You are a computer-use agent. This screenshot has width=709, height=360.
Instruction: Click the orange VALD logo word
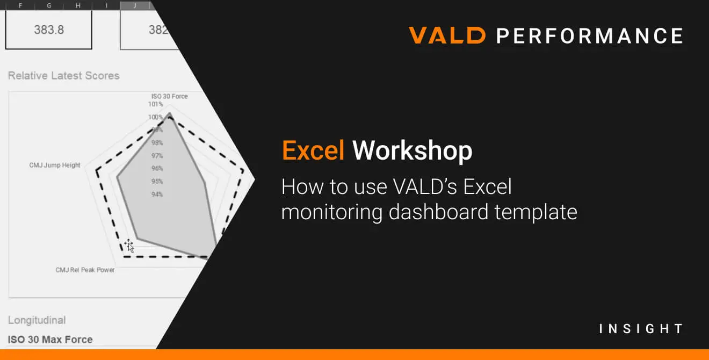(x=447, y=35)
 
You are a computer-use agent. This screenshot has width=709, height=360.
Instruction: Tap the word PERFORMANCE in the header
(x=590, y=35)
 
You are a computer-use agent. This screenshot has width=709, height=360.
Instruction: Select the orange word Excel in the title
(x=313, y=150)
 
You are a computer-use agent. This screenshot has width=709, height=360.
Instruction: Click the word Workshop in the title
(x=412, y=151)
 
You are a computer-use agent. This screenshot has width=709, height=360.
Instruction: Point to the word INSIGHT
(x=641, y=329)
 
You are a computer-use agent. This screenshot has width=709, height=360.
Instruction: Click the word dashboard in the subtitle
(x=438, y=212)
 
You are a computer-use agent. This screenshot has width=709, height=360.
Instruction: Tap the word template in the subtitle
(x=536, y=212)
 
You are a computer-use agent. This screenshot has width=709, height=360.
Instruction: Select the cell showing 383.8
(x=49, y=30)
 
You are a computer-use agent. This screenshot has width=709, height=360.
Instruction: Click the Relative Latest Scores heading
(x=63, y=76)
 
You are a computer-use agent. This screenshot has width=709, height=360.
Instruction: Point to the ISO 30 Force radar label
(x=169, y=96)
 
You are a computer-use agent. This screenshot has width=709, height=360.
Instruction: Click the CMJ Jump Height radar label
(x=55, y=165)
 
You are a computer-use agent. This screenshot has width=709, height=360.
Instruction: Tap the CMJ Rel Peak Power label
(x=85, y=270)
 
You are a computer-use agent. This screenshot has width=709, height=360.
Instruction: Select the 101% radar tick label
(x=155, y=104)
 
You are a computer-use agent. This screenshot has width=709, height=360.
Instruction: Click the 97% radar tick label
(x=157, y=155)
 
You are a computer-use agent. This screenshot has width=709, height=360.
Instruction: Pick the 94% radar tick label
(x=157, y=194)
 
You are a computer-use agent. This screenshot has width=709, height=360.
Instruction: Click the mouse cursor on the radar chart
(x=129, y=246)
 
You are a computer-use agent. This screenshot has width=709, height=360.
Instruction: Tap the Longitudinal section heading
(x=37, y=320)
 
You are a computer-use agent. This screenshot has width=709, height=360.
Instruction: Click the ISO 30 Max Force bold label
(x=50, y=340)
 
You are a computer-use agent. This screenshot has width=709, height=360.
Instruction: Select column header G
(x=49, y=5)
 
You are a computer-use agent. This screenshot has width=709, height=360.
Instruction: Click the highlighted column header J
(x=135, y=5)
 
